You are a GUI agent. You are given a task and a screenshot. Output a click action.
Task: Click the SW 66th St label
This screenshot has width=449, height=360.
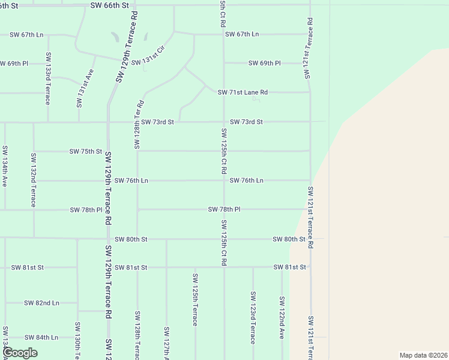click(x=109, y=5)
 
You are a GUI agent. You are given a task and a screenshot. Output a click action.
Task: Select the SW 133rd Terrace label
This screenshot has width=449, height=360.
click(x=48, y=78)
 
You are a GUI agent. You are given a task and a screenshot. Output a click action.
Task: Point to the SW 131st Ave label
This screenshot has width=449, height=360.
click(x=85, y=89)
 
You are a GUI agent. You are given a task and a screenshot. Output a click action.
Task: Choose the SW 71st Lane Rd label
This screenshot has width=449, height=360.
click(x=243, y=92)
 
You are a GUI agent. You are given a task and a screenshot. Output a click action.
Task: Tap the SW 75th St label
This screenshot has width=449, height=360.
click(x=86, y=151)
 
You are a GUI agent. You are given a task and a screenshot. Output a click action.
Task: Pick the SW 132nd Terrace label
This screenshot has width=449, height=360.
click(x=34, y=179)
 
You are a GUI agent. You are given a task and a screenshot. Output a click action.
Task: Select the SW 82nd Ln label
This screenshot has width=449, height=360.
click(x=42, y=303)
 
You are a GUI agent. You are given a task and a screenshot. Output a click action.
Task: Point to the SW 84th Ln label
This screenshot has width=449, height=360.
click(x=41, y=337)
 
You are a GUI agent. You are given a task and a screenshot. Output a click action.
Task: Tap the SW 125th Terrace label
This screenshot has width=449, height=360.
click(x=195, y=299)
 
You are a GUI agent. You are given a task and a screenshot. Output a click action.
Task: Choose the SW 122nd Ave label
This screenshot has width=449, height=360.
click(x=282, y=317)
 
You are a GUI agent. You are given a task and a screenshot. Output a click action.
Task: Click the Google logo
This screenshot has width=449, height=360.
click(x=20, y=353)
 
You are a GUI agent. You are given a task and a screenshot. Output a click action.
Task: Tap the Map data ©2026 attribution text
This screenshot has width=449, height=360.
click(x=423, y=355)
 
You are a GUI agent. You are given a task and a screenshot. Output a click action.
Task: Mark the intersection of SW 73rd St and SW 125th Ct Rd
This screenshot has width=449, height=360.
click(x=224, y=122)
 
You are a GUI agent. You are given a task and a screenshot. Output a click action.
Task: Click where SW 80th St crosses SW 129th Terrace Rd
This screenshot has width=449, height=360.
click(x=109, y=239)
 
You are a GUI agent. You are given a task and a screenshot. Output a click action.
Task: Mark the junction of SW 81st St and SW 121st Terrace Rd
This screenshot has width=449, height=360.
click(x=310, y=267)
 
